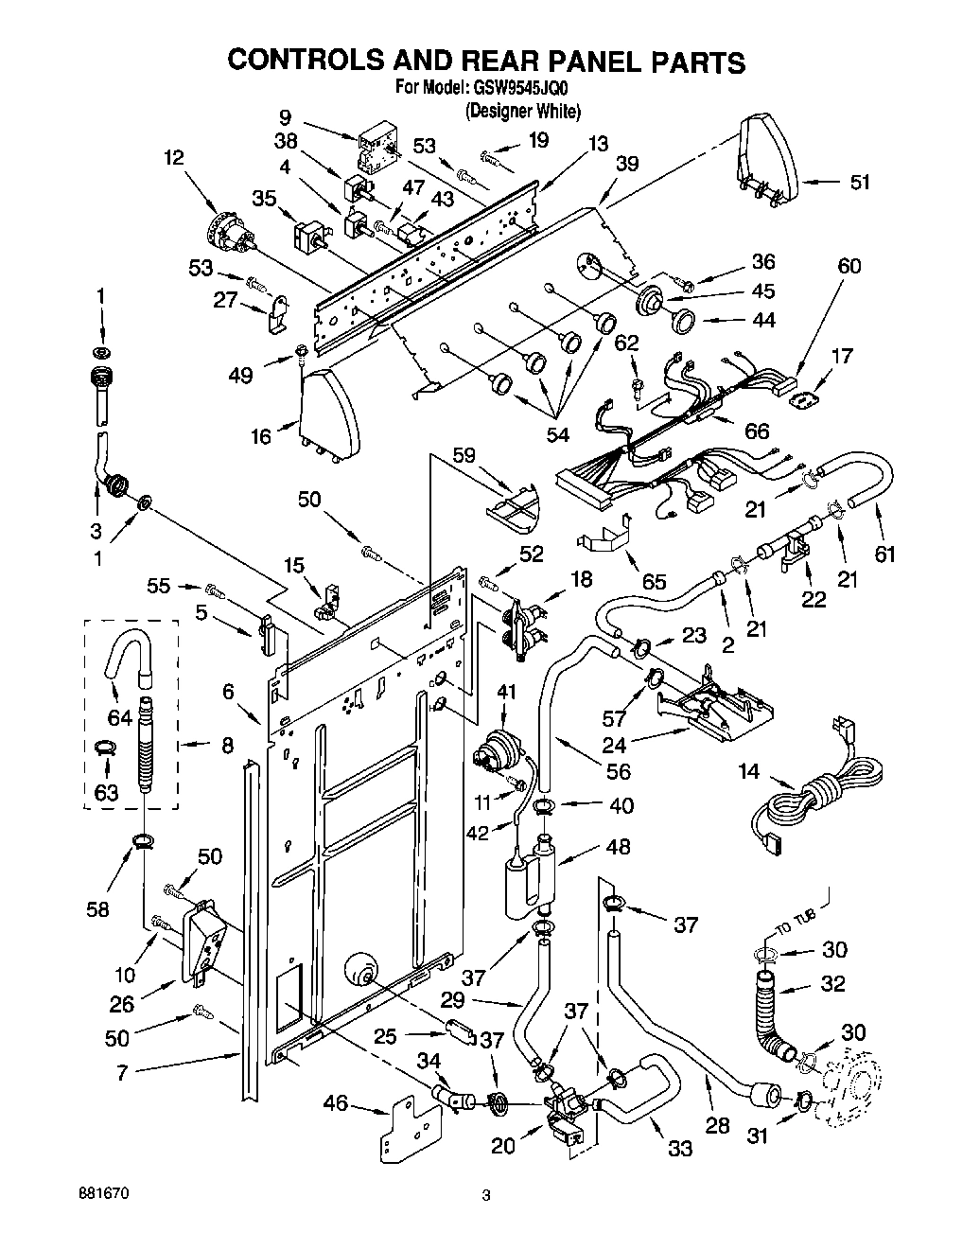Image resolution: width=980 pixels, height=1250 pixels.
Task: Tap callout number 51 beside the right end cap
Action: coord(859,183)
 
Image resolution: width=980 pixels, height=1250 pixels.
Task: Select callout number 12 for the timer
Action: coord(172,159)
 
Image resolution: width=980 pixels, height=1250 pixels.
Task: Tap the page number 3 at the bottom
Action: coord(486,1196)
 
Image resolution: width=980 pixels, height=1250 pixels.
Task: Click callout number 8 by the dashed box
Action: coord(226,745)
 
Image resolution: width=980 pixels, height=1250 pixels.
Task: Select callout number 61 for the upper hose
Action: coord(884,554)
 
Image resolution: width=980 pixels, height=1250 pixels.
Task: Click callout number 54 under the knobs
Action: coord(558,434)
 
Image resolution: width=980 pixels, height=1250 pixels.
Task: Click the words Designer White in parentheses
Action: coord(522,111)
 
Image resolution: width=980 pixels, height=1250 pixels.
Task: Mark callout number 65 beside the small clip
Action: coord(654,582)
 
